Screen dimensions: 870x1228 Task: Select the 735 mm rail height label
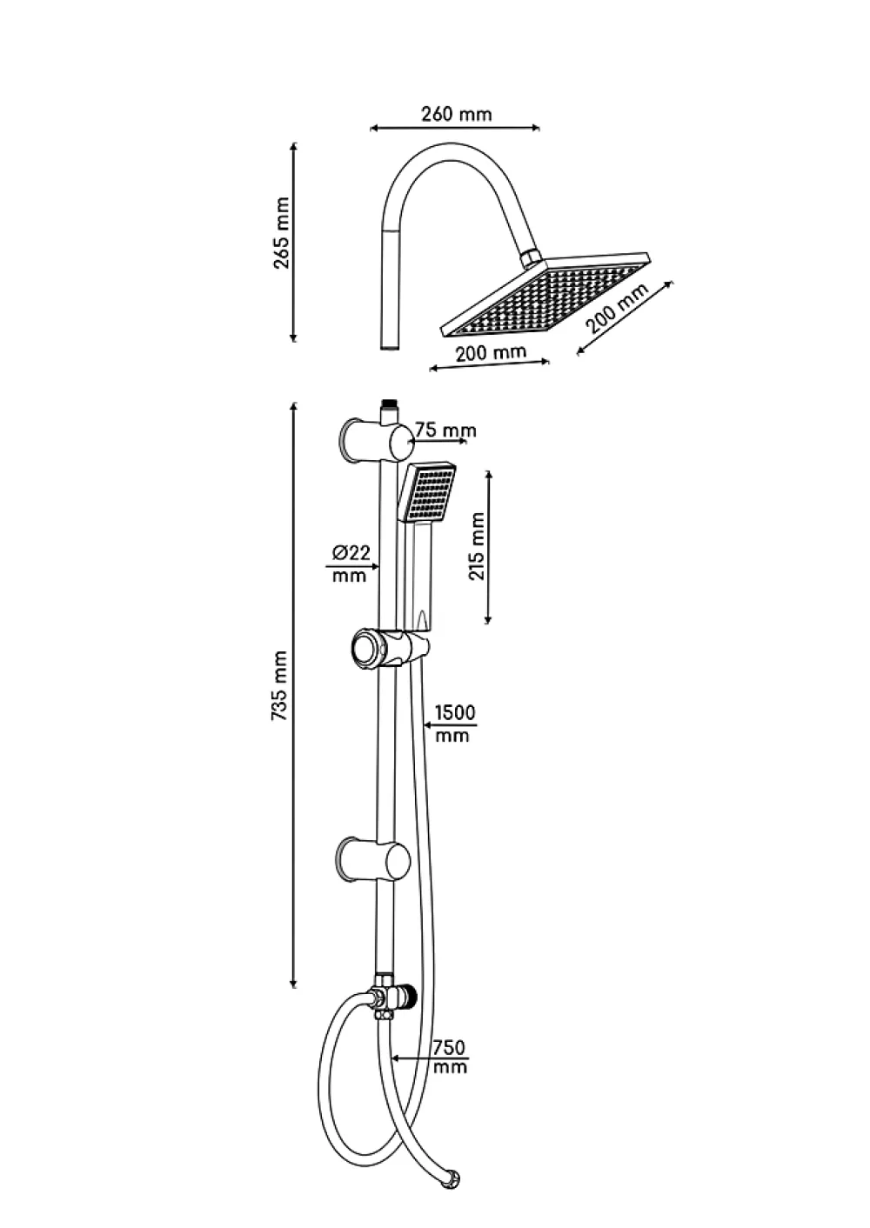coord(280,686)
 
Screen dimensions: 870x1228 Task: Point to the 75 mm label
coord(445,430)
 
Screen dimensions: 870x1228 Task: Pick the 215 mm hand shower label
coord(477,545)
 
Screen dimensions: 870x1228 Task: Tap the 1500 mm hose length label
coord(454,724)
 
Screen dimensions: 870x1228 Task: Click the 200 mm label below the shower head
coord(491,352)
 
